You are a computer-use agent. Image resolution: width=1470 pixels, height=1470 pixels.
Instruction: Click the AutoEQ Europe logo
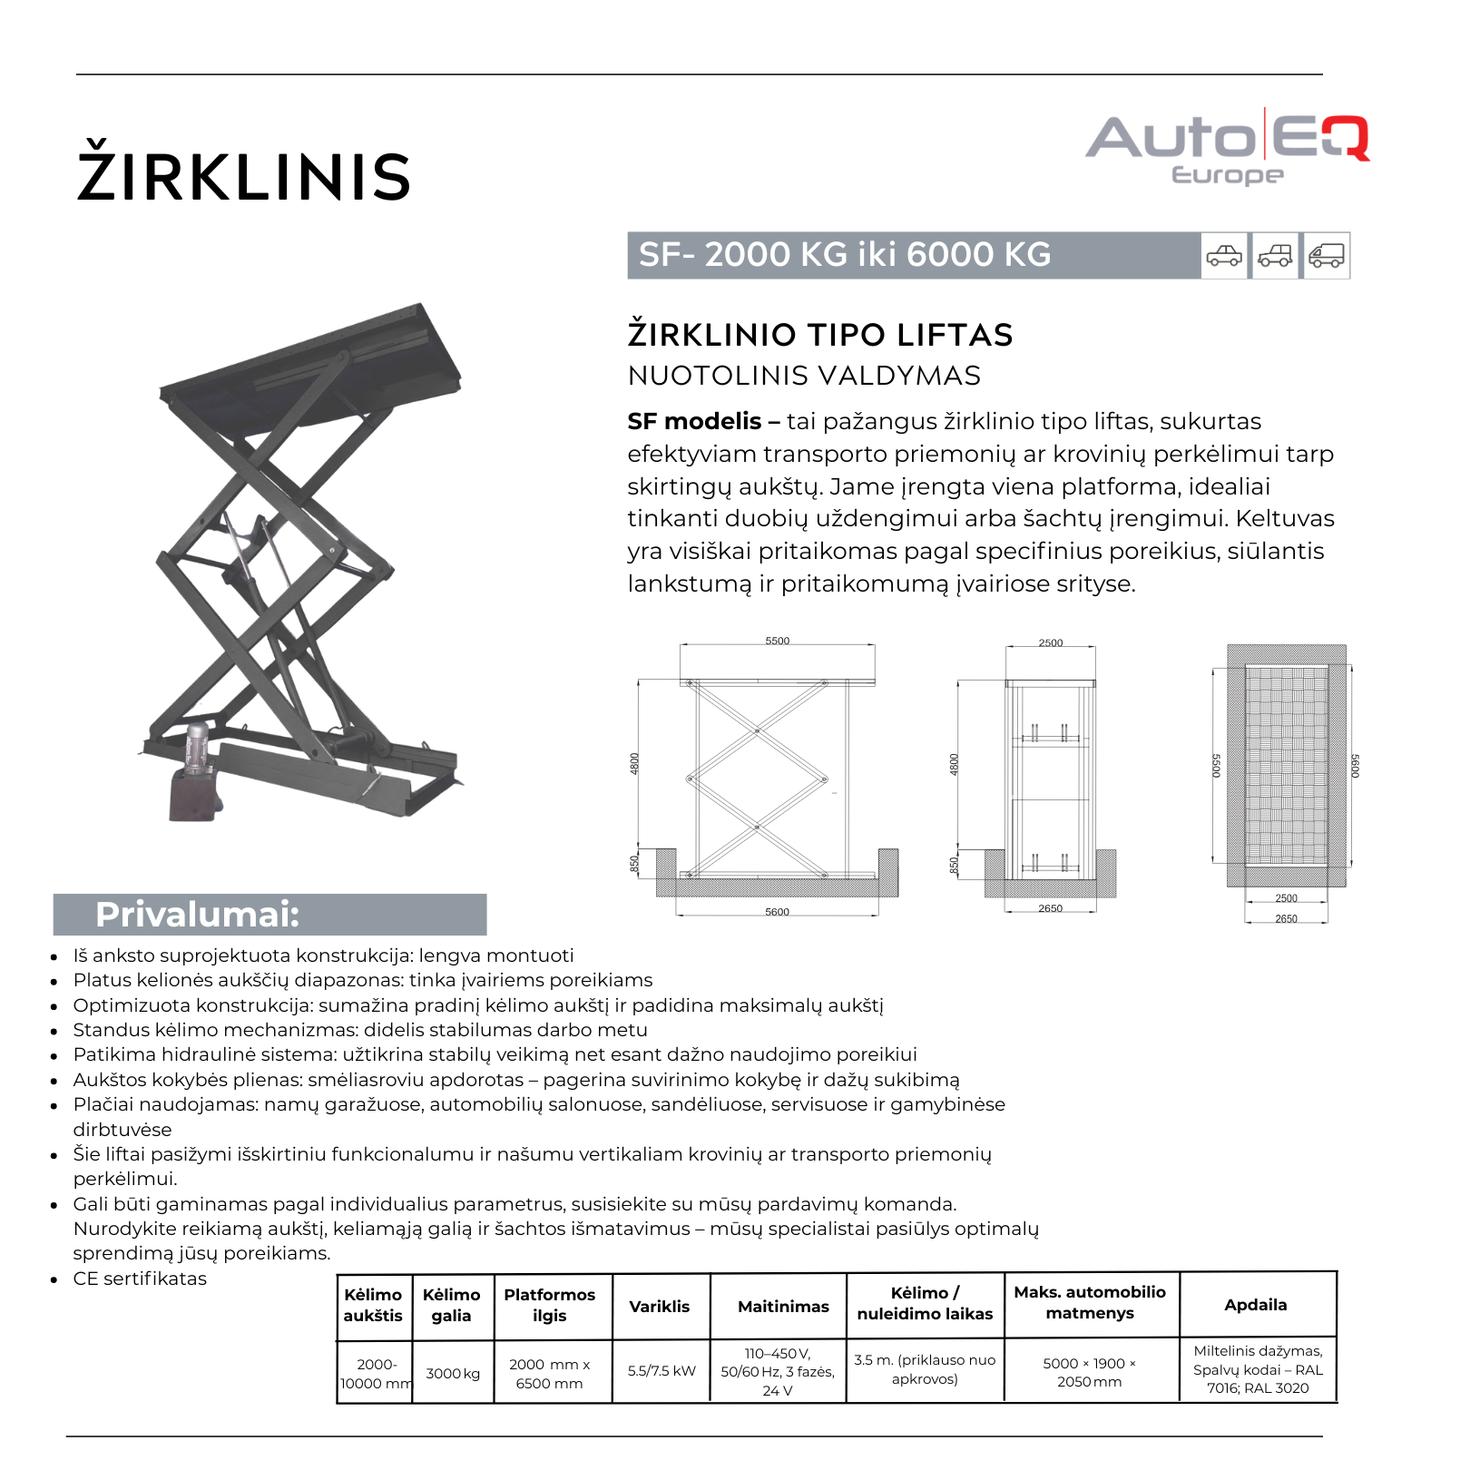[x=1227, y=147]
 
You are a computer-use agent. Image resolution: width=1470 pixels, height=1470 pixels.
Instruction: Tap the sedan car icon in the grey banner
[x=1224, y=256]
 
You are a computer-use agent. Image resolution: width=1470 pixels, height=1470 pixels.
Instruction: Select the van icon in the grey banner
[x=1326, y=256]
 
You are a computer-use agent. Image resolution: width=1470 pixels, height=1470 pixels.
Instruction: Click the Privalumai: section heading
[x=197, y=914]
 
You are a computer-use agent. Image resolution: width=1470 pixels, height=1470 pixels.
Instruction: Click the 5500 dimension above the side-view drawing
[x=778, y=641]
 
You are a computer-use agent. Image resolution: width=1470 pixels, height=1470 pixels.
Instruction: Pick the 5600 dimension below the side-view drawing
[x=778, y=912]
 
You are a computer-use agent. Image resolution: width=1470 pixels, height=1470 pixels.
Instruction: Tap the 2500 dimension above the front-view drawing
[x=1051, y=642]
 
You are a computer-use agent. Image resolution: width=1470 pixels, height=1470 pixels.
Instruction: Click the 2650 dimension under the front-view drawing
[x=1051, y=908]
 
